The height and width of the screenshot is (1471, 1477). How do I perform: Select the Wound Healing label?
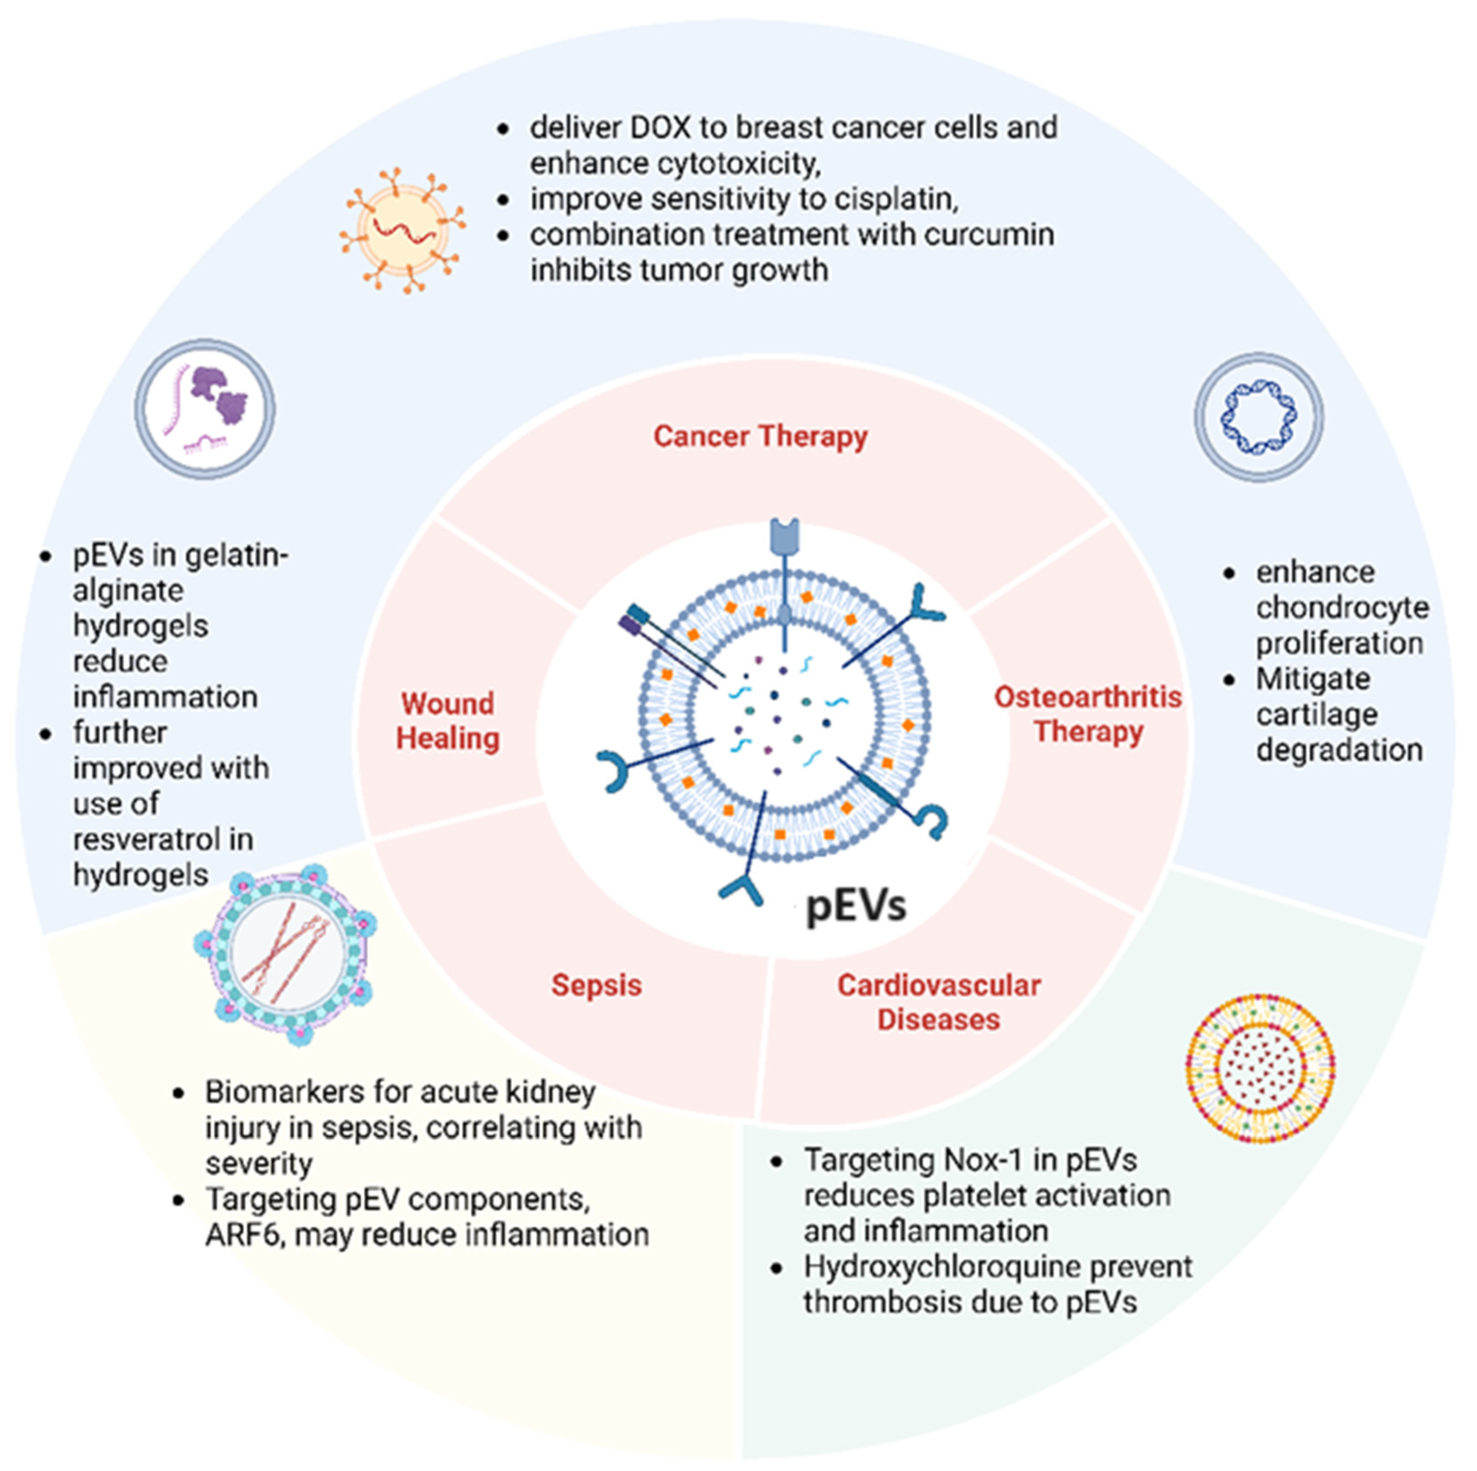point(448,721)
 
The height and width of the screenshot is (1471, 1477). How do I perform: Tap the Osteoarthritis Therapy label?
point(1088,714)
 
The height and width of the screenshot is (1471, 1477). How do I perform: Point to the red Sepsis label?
point(596,985)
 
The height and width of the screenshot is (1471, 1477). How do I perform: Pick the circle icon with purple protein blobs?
point(205,409)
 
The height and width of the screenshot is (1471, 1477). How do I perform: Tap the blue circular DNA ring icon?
point(1259,417)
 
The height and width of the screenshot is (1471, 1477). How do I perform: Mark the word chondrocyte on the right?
point(1342,608)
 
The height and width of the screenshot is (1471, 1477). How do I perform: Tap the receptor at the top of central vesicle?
point(784,535)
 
